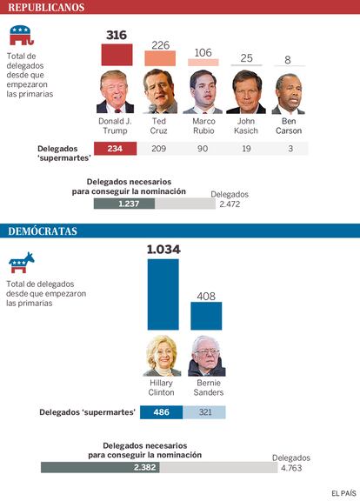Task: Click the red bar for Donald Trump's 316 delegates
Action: click(117, 55)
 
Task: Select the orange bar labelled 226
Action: click(160, 58)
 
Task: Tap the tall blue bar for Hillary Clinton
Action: click(163, 294)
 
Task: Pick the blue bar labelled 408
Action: click(206, 316)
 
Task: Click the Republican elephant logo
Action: click(22, 35)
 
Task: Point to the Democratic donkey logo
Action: click(22, 263)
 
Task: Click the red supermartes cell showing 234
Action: click(116, 149)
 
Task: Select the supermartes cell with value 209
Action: click(159, 149)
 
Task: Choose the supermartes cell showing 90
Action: click(203, 149)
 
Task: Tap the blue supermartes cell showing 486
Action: click(162, 412)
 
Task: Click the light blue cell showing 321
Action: click(204, 412)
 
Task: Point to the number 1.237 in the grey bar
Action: click(129, 204)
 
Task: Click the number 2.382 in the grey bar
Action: click(144, 467)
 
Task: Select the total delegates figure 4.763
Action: click(291, 468)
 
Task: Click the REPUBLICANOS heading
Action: click(46, 7)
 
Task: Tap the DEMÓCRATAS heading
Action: click(43, 231)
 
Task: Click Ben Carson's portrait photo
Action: click(288, 94)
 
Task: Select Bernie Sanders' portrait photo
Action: click(207, 356)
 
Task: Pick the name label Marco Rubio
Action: click(203, 126)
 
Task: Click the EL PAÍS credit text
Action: click(343, 493)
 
